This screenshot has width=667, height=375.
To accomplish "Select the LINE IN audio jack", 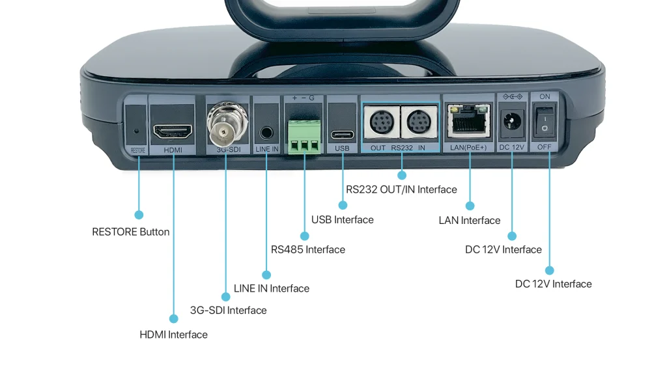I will click(266, 132).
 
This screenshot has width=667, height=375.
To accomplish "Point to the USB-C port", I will click(342, 135).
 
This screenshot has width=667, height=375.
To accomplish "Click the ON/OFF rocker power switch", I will click(545, 122).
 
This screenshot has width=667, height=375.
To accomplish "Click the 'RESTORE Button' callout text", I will click(130, 232).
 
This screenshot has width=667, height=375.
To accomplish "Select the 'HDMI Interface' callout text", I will click(173, 335).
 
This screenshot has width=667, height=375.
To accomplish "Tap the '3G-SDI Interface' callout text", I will click(228, 311).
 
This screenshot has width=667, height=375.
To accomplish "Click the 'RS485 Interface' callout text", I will click(307, 249).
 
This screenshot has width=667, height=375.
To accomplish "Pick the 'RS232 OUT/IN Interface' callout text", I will click(401, 189).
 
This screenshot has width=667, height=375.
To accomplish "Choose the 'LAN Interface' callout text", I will click(469, 221).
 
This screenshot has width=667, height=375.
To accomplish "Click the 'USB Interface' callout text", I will click(342, 220).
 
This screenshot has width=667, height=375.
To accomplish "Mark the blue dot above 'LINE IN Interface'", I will click(266, 274).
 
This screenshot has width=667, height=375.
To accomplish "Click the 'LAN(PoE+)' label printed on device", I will click(468, 148).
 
